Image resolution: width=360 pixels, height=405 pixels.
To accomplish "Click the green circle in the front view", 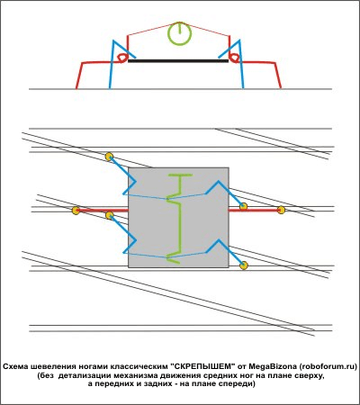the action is tap(179, 24).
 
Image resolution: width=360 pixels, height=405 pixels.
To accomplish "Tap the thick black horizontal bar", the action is tap(178, 61).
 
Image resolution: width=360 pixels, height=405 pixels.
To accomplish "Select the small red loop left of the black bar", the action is tap(122, 58).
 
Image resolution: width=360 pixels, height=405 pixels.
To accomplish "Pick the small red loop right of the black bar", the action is tap(234, 58).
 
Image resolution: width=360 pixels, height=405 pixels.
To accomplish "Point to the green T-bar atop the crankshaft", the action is tap(180, 175).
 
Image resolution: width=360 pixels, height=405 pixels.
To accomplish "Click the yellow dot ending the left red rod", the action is tap(76, 211).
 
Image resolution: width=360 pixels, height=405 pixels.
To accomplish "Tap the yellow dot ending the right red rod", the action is tap(281, 210).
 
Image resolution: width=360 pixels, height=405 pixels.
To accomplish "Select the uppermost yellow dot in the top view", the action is tap(109, 157).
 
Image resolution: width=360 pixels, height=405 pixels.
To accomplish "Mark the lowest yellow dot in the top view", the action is tap(244, 265).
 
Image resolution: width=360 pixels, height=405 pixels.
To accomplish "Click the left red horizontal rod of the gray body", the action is tap(102, 211).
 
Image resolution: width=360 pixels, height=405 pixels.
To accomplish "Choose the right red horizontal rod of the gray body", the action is tap(255, 210).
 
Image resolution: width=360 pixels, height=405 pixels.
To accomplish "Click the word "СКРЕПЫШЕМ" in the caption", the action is tap(202, 366).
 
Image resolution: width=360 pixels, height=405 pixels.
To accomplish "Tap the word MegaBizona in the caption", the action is tap(273, 366).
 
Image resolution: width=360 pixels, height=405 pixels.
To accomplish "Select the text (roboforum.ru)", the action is tap(328, 366).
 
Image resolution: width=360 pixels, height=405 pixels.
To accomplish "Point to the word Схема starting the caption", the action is tap(15, 366).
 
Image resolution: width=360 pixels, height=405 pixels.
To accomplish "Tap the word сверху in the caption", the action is tap(309, 375).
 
